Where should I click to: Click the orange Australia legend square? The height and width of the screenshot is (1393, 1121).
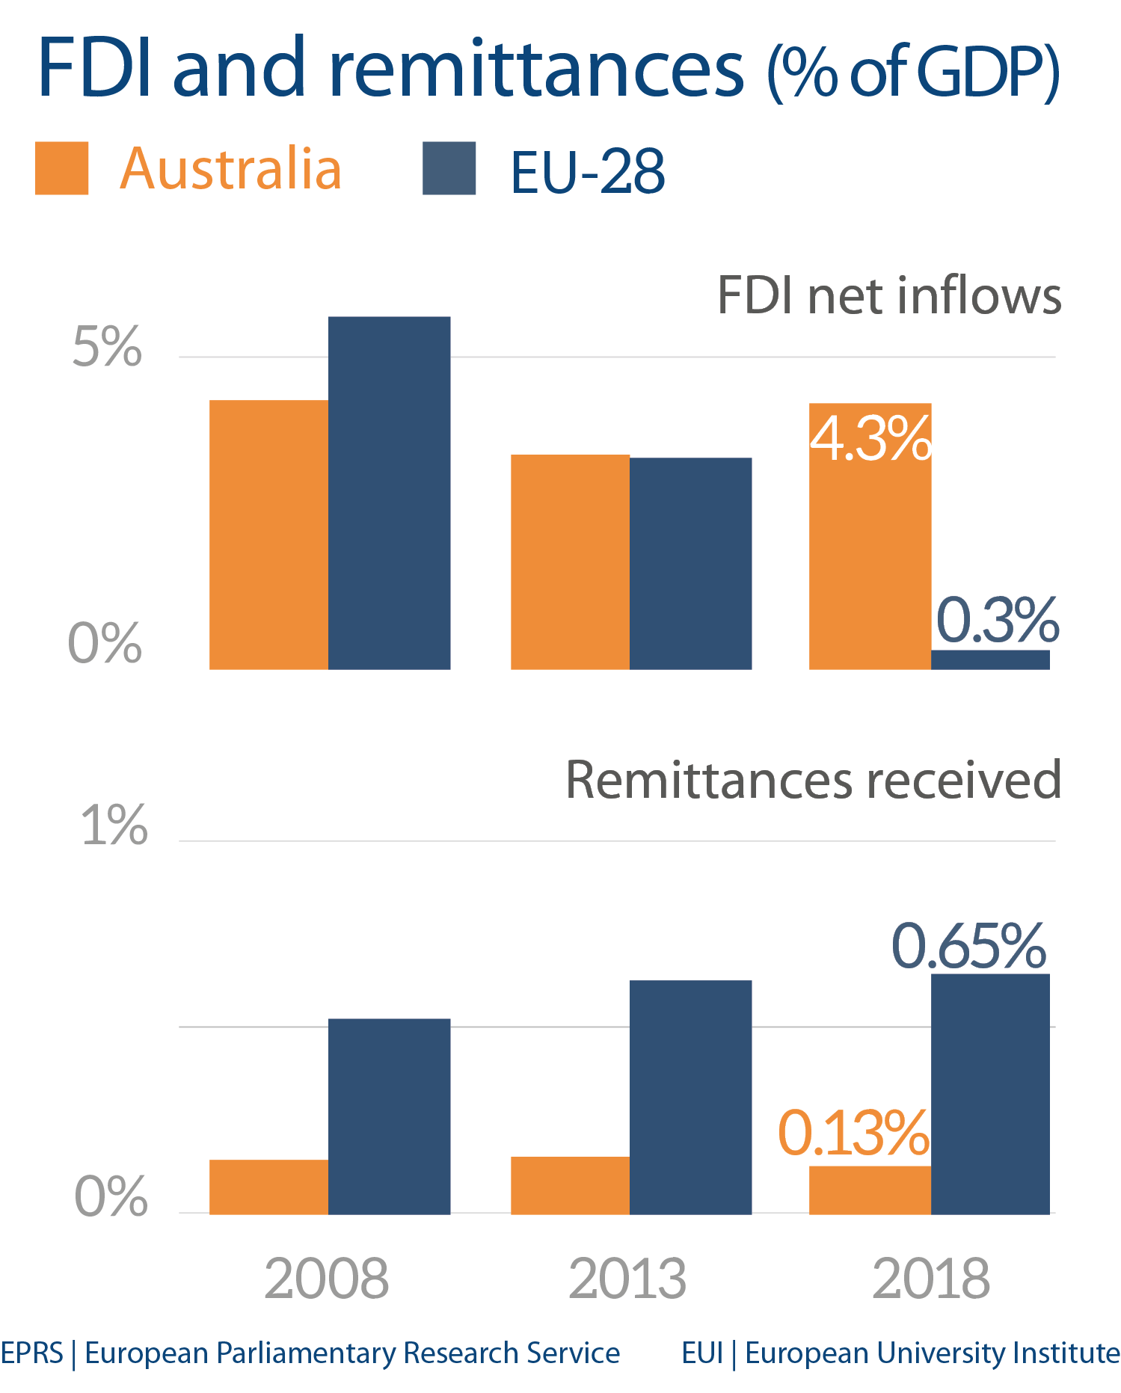pos(61,168)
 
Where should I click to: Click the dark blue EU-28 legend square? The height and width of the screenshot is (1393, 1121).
pos(449,168)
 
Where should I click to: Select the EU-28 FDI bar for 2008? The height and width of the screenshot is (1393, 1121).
pos(389,493)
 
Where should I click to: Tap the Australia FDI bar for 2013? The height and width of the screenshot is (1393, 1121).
pos(570,561)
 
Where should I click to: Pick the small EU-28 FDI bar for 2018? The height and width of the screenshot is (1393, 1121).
pos(990,659)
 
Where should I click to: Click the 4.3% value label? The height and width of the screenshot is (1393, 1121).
pos(870,439)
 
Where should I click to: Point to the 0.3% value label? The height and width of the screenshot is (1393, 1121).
pos(998,620)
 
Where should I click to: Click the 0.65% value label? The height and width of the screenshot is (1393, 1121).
pos(968,946)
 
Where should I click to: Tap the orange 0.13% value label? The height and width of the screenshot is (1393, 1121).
pos(853,1134)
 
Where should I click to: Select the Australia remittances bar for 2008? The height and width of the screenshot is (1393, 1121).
pos(268,1187)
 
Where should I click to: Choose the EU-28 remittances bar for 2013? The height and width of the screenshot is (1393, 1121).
pos(690,1097)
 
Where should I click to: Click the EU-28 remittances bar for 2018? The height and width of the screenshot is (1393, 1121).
pos(990,1093)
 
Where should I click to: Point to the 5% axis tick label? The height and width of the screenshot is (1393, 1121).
pos(107,347)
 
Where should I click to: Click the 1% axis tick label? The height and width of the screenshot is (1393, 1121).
pos(114,825)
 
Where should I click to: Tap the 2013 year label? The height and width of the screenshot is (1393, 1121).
pos(627,1279)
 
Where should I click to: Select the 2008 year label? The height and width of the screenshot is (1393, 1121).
pos(327,1279)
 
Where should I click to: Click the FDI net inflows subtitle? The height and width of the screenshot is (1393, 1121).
pos(888,296)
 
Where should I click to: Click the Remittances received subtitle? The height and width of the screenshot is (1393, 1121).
pos(813,780)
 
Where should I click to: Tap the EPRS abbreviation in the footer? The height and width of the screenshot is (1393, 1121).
pos(31,1353)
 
